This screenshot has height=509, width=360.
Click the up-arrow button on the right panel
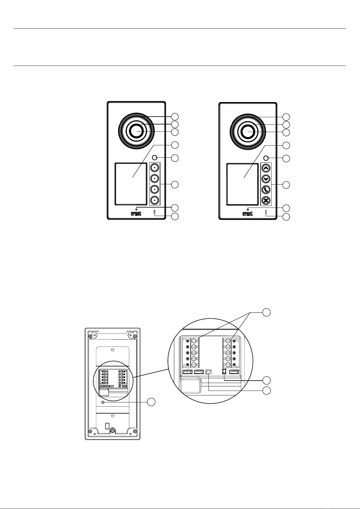266,168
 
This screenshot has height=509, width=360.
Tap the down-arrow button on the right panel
266,179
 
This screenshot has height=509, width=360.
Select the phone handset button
266,189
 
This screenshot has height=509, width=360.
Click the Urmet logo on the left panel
136,214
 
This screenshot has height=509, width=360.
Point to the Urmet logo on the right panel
248,214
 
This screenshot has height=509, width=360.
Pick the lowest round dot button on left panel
154,200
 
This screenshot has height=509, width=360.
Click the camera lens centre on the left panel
136,131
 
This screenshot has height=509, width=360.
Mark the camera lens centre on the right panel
248,132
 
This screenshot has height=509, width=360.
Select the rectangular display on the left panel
131,184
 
